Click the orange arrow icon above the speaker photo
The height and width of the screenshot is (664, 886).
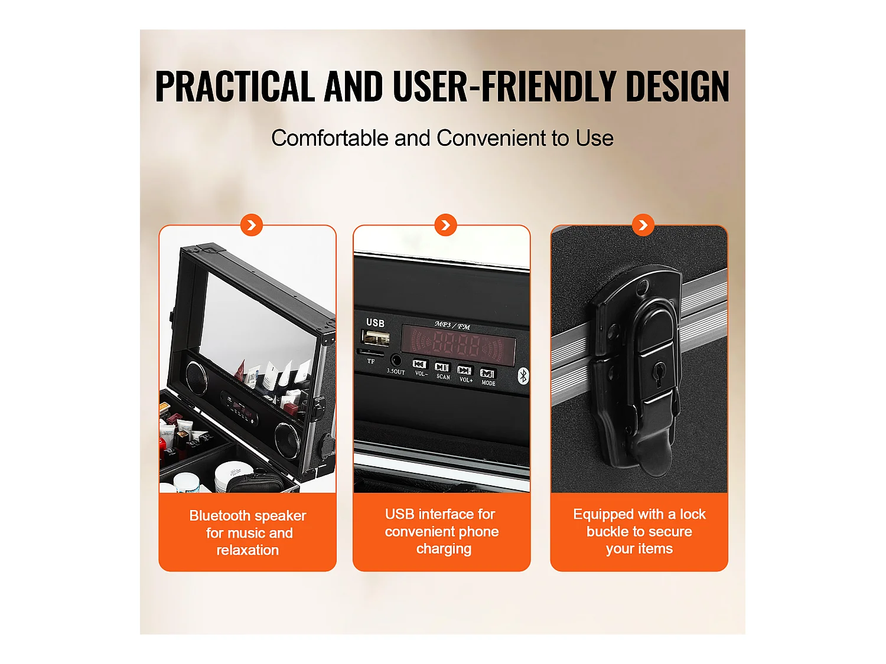(252, 225)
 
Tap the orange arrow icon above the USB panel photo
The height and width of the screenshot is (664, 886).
(445, 225)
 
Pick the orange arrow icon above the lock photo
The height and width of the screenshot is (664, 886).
(643, 225)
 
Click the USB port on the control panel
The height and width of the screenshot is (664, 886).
(376, 338)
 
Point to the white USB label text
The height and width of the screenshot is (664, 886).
(375, 323)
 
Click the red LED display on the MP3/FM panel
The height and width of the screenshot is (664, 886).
(458, 344)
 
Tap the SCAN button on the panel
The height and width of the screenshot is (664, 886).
(442, 367)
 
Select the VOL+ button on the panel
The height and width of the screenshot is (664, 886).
(465, 371)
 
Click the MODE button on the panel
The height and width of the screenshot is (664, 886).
(487, 374)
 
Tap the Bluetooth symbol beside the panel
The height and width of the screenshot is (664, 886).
(523, 375)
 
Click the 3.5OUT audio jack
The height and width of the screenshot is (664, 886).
(396, 360)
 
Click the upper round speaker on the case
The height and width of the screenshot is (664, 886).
(196, 374)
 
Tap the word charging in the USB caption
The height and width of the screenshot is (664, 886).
(444, 549)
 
